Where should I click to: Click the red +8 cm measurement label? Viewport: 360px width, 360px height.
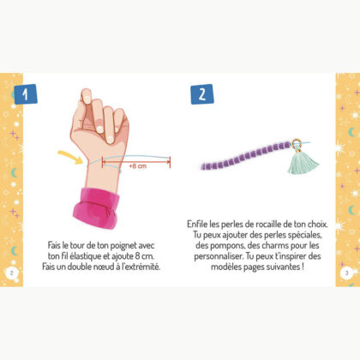point(136,166)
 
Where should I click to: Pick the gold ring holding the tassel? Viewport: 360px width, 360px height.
point(297,144)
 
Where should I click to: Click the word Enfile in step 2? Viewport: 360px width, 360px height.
point(199,224)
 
